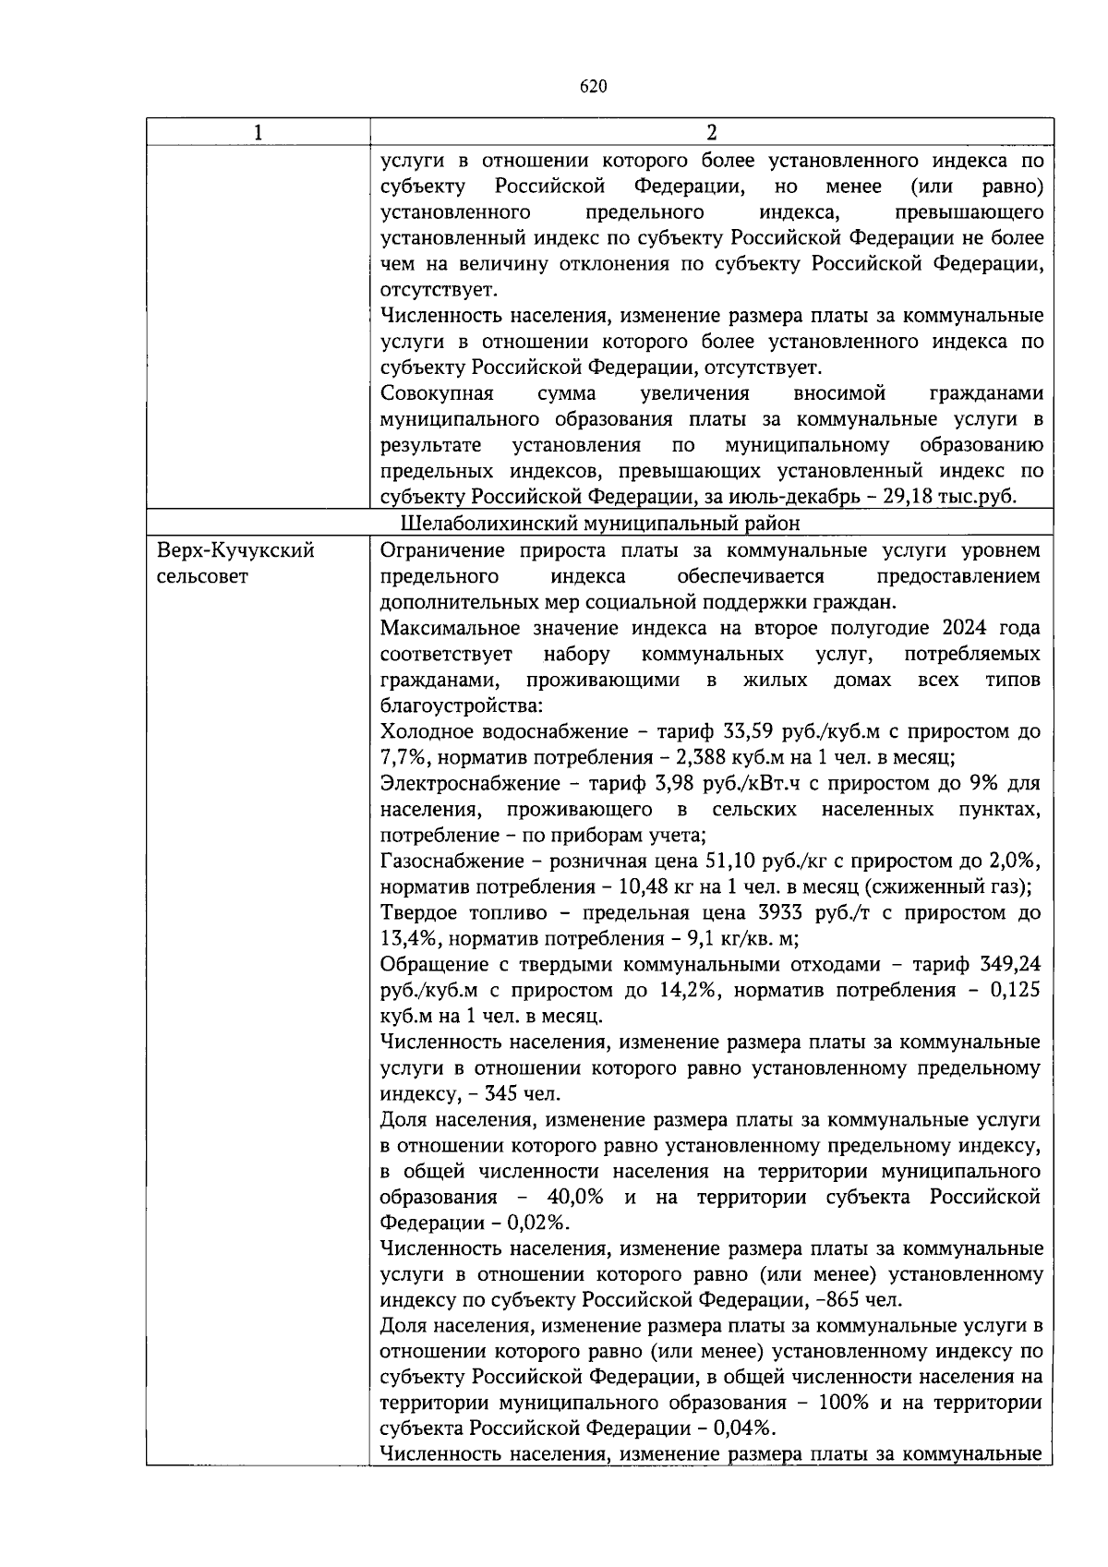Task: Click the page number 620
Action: (x=594, y=87)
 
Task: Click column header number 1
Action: (x=258, y=133)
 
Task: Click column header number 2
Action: (x=711, y=133)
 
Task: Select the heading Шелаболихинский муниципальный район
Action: (x=601, y=524)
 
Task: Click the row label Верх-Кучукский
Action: (x=235, y=551)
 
